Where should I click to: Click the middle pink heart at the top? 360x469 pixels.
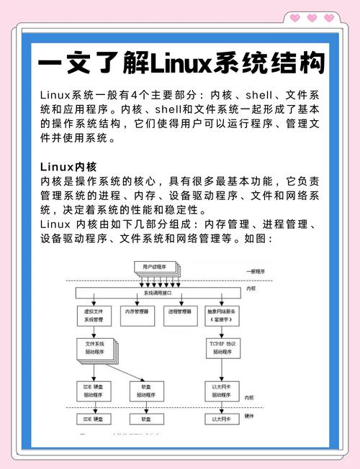point(312,17)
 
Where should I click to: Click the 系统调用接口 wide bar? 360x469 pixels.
point(158,293)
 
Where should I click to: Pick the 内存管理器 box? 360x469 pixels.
point(137,313)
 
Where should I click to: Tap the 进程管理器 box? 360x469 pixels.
point(179,313)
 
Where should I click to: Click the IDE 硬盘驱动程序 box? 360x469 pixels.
point(93,391)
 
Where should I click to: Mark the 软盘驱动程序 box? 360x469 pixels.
point(146,391)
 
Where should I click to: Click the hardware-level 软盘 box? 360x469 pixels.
point(146,418)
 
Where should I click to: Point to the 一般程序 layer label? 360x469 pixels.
point(256,271)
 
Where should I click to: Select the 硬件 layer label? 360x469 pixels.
point(250,415)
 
